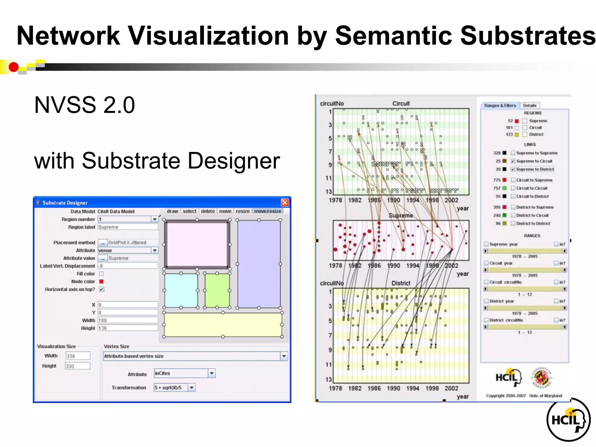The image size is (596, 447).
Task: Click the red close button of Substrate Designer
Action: [285, 203]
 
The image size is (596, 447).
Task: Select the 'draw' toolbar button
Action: [172, 211]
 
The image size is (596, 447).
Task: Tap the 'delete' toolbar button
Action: [208, 211]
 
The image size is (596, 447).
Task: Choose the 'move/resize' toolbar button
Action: [267, 211]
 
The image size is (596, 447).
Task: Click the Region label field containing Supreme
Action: [128, 227]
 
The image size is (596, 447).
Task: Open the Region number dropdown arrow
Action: [155, 219]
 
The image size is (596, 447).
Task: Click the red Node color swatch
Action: [101, 281]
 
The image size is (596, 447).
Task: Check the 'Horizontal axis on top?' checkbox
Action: [102, 289]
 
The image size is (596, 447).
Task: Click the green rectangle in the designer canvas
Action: [217, 290]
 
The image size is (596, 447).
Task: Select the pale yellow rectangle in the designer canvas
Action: [223, 324]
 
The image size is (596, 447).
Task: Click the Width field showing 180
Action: [128, 320]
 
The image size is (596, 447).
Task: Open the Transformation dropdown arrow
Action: [191, 388]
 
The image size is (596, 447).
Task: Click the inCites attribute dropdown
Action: [184, 373]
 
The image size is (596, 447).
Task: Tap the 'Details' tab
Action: [529, 106]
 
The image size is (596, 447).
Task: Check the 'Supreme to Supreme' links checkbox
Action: [513, 153]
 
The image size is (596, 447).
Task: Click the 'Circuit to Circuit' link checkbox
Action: [513, 188]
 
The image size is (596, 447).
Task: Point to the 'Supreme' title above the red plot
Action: [401, 216]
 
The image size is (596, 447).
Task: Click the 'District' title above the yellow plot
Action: [401, 283]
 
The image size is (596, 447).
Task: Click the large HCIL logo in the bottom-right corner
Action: [568, 420]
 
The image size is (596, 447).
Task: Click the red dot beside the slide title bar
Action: [13, 67]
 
